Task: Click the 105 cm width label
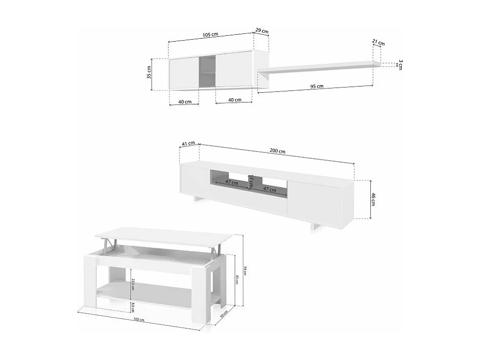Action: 210,34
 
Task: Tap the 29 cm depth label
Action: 262,31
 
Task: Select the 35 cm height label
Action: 149,73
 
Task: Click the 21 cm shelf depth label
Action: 378,43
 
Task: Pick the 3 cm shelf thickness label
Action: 401,64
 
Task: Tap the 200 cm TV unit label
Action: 277,151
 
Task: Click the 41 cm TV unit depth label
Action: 188,143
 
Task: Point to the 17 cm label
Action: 251,182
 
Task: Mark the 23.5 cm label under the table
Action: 132,285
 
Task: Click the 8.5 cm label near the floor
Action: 132,306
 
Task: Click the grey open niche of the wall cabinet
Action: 207,72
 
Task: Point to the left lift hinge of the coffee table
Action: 112,246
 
